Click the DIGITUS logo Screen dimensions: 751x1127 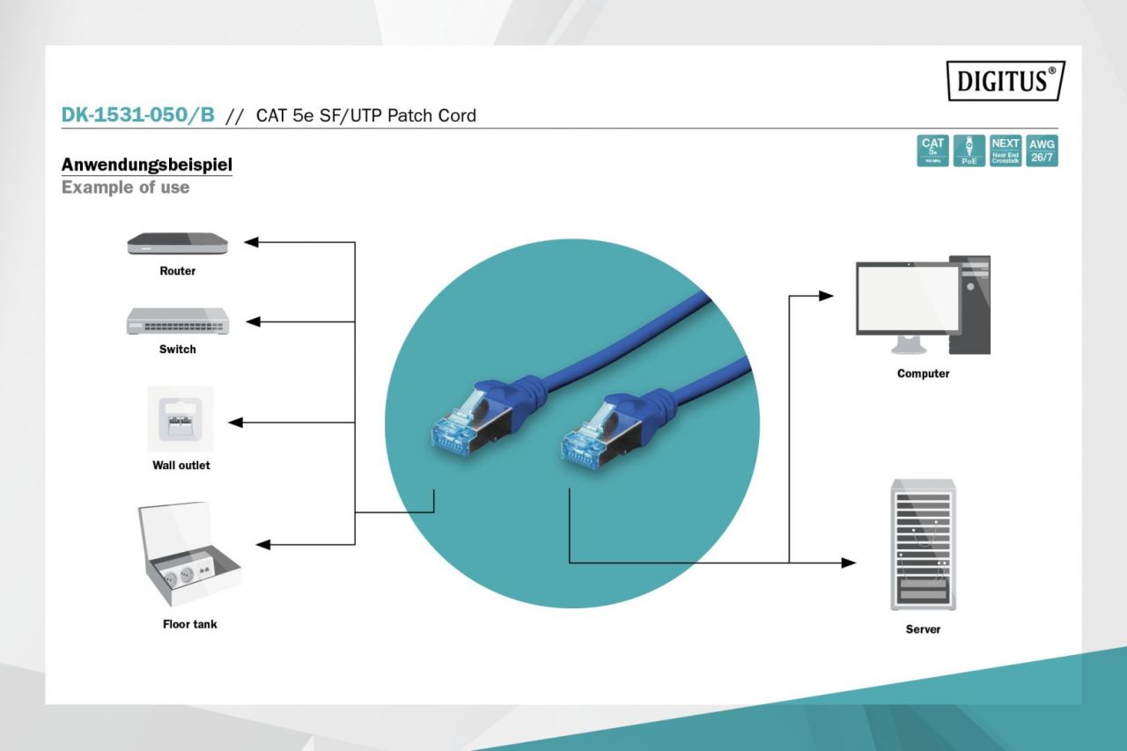click(1005, 81)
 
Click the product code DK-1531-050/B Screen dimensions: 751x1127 click(138, 114)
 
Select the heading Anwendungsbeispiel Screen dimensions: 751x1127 click(147, 165)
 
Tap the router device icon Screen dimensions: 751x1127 click(177, 243)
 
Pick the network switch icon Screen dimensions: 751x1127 click(177, 321)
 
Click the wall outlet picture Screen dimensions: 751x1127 click(180, 418)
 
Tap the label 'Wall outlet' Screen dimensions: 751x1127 click(181, 465)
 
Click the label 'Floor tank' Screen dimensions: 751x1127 click(189, 624)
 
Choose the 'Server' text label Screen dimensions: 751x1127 click(923, 630)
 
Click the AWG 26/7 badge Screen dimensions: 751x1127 click(1042, 151)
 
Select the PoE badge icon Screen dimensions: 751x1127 click(969, 151)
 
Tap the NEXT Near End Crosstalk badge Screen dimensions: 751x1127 click(1005, 151)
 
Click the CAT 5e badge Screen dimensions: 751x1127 click(932, 151)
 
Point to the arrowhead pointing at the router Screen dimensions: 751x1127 click(250, 242)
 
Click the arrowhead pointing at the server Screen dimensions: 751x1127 click(849, 563)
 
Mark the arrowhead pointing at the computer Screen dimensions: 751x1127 click(826, 296)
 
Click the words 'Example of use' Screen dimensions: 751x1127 click(126, 188)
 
